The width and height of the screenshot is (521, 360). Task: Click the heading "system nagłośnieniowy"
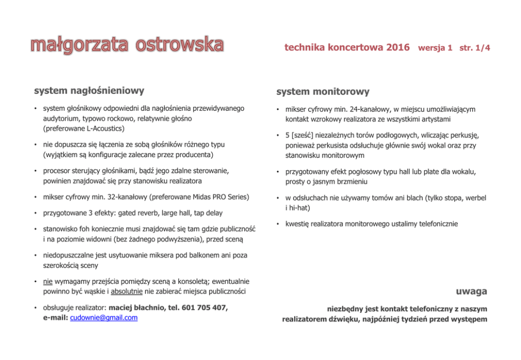[x=89, y=90]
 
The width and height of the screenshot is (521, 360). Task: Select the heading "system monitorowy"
[x=323, y=91]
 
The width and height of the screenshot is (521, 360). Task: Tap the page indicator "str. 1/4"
[x=474, y=48]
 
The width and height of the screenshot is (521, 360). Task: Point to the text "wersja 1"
[x=435, y=48]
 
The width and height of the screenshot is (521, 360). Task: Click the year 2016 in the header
[x=398, y=48]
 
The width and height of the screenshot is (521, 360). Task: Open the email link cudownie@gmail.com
[x=103, y=318]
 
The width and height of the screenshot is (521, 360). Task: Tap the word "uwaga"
[x=471, y=291]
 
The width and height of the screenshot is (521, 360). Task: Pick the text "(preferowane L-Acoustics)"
[x=84, y=128]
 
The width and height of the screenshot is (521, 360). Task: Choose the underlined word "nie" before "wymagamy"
[x=47, y=281]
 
